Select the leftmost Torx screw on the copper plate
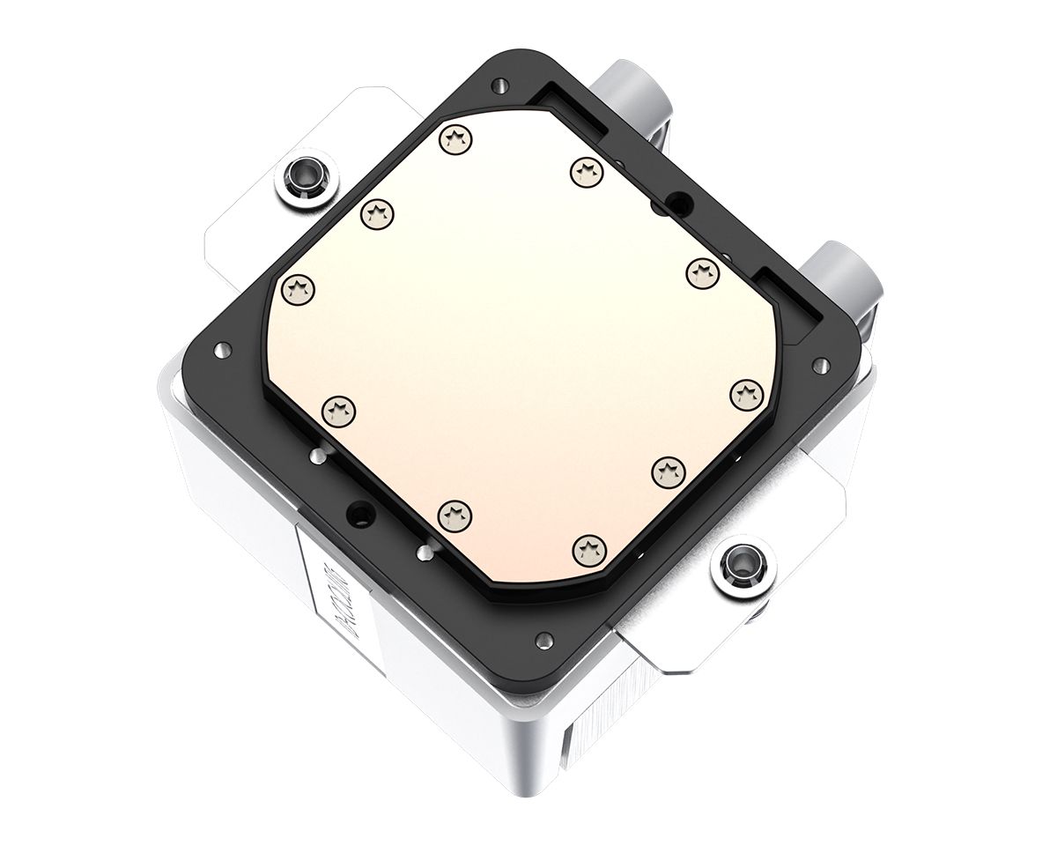coord(299,286)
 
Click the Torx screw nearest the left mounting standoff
coord(378,211)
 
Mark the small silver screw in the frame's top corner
coord(500,85)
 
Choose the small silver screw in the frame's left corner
coord(218,352)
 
